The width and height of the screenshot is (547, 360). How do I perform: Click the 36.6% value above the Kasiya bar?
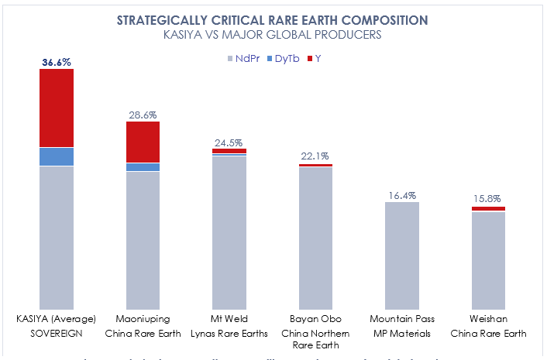[57, 61]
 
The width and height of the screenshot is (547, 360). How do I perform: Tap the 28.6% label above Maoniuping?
[143, 115]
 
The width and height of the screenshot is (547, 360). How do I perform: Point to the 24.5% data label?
[229, 142]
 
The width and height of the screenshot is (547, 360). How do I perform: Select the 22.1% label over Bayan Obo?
[315, 157]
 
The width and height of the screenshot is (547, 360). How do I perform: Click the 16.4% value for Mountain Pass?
[401, 196]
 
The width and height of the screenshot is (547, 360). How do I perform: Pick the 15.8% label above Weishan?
[488, 200]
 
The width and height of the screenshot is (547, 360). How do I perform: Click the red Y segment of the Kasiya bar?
[57, 108]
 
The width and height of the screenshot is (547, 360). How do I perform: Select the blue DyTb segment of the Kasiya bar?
[57, 156]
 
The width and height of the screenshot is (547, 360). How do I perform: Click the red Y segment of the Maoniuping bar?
[143, 142]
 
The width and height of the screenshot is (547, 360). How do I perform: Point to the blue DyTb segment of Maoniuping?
[143, 167]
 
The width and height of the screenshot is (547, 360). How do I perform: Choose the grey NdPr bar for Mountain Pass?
[401, 255]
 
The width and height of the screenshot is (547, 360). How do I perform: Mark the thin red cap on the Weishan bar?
[488, 209]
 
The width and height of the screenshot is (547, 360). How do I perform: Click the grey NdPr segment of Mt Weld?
[229, 232]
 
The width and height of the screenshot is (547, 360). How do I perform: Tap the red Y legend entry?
[316, 59]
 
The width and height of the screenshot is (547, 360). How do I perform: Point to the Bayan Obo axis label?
[315, 318]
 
